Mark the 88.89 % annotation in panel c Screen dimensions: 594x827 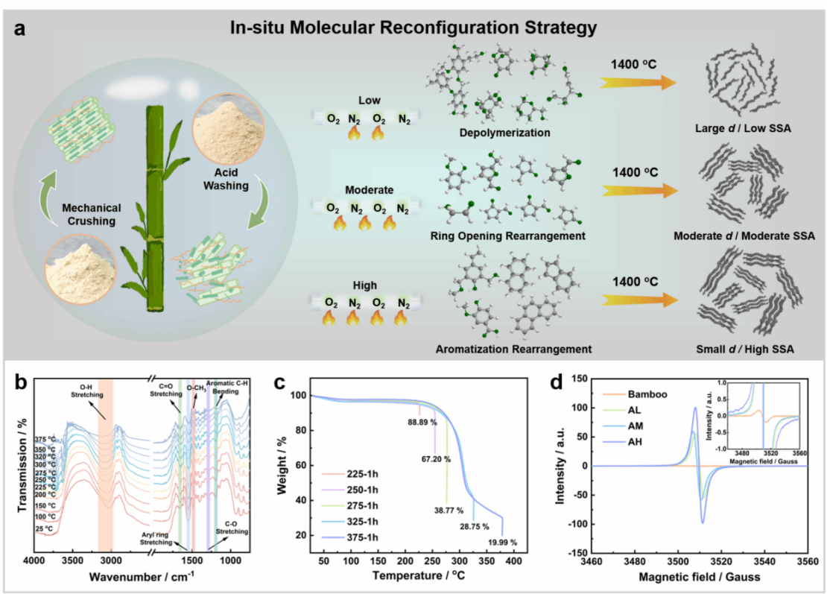click(x=422, y=422)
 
